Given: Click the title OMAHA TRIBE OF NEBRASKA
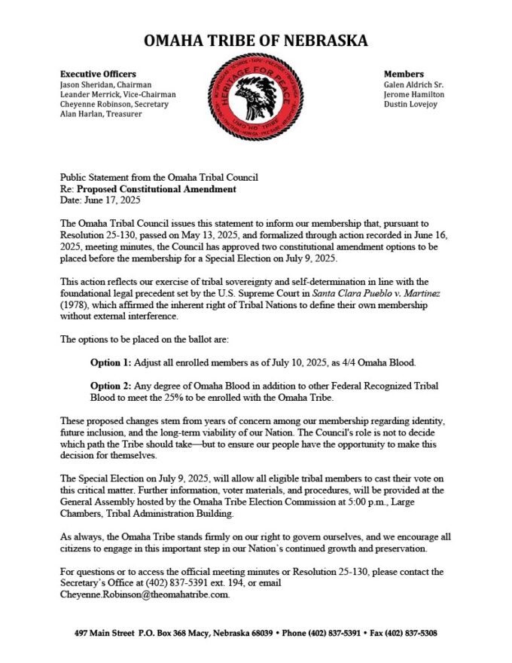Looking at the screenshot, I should tap(256, 41).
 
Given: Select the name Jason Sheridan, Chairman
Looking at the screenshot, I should tap(105, 84).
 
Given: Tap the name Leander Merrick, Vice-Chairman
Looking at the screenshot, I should tap(117, 94).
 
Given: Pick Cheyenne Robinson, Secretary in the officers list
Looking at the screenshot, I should tap(114, 104).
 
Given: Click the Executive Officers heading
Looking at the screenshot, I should tap(98, 74).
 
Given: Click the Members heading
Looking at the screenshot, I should tap(404, 74).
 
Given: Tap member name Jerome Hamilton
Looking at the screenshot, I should tap(413, 94).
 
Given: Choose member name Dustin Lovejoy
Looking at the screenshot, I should tap(409, 104).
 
